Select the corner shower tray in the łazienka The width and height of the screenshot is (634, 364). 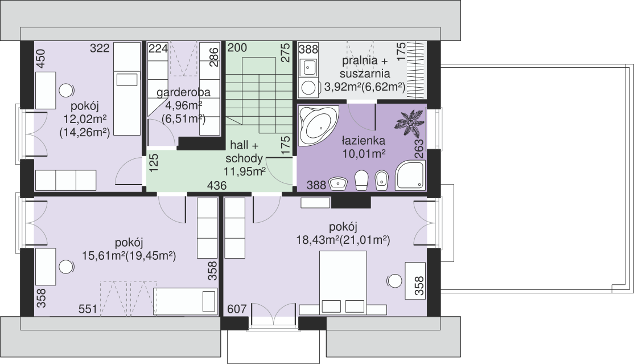(x=410, y=175)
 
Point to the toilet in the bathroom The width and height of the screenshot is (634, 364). (x=361, y=180)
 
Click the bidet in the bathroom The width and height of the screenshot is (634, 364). (x=381, y=180)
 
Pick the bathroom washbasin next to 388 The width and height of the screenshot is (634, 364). (x=339, y=183)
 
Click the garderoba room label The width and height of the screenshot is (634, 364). (x=184, y=92)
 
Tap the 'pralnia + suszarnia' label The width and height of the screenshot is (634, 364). (x=365, y=67)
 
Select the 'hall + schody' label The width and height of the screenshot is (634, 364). (x=244, y=152)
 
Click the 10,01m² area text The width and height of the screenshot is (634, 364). (x=364, y=154)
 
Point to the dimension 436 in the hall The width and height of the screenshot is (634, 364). (x=217, y=186)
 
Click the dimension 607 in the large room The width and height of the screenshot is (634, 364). (x=237, y=309)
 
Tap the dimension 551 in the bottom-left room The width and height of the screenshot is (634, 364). (x=88, y=309)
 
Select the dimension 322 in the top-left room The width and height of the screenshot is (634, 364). (x=100, y=48)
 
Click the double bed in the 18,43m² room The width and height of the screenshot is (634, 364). (x=343, y=282)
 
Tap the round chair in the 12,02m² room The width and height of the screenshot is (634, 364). (x=67, y=91)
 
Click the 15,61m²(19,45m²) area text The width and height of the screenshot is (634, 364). (x=129, y=256)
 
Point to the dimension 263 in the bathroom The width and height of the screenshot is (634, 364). (x=419, y=149)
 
